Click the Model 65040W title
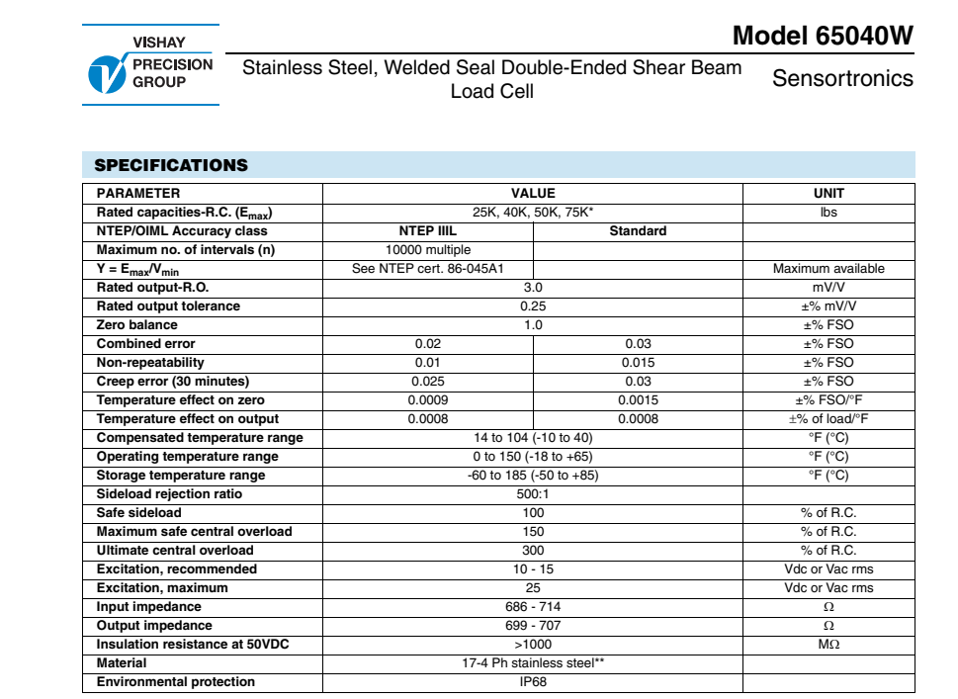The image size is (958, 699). [x=823, y=37]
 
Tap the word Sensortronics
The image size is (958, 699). [x=842, y=78]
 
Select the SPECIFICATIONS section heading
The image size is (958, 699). [x=171, y=165]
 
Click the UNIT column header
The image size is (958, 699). [x=828, y=194]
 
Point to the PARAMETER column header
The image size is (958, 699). [x=138, y=194]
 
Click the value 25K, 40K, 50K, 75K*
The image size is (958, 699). [x=533, y=213]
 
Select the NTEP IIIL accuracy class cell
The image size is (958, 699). [x=428, y=231]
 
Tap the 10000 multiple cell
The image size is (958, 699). [x=428, y=250]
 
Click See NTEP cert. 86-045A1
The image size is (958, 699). [x=428, y=269]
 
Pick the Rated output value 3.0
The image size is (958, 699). [x=533, y=288]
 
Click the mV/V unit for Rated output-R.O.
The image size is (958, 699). [x=828, y=288]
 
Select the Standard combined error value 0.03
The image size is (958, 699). [x=638, y=344]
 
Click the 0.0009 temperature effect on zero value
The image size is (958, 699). [x=428, y=400]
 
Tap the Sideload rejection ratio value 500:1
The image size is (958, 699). [x=533, y=494]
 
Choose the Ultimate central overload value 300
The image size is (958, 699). [x=533, y=551]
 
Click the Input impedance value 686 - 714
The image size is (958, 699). [x=533, y=607]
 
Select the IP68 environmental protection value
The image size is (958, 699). [x=533, y=682]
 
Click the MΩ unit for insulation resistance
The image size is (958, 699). [x=828, y=645]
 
